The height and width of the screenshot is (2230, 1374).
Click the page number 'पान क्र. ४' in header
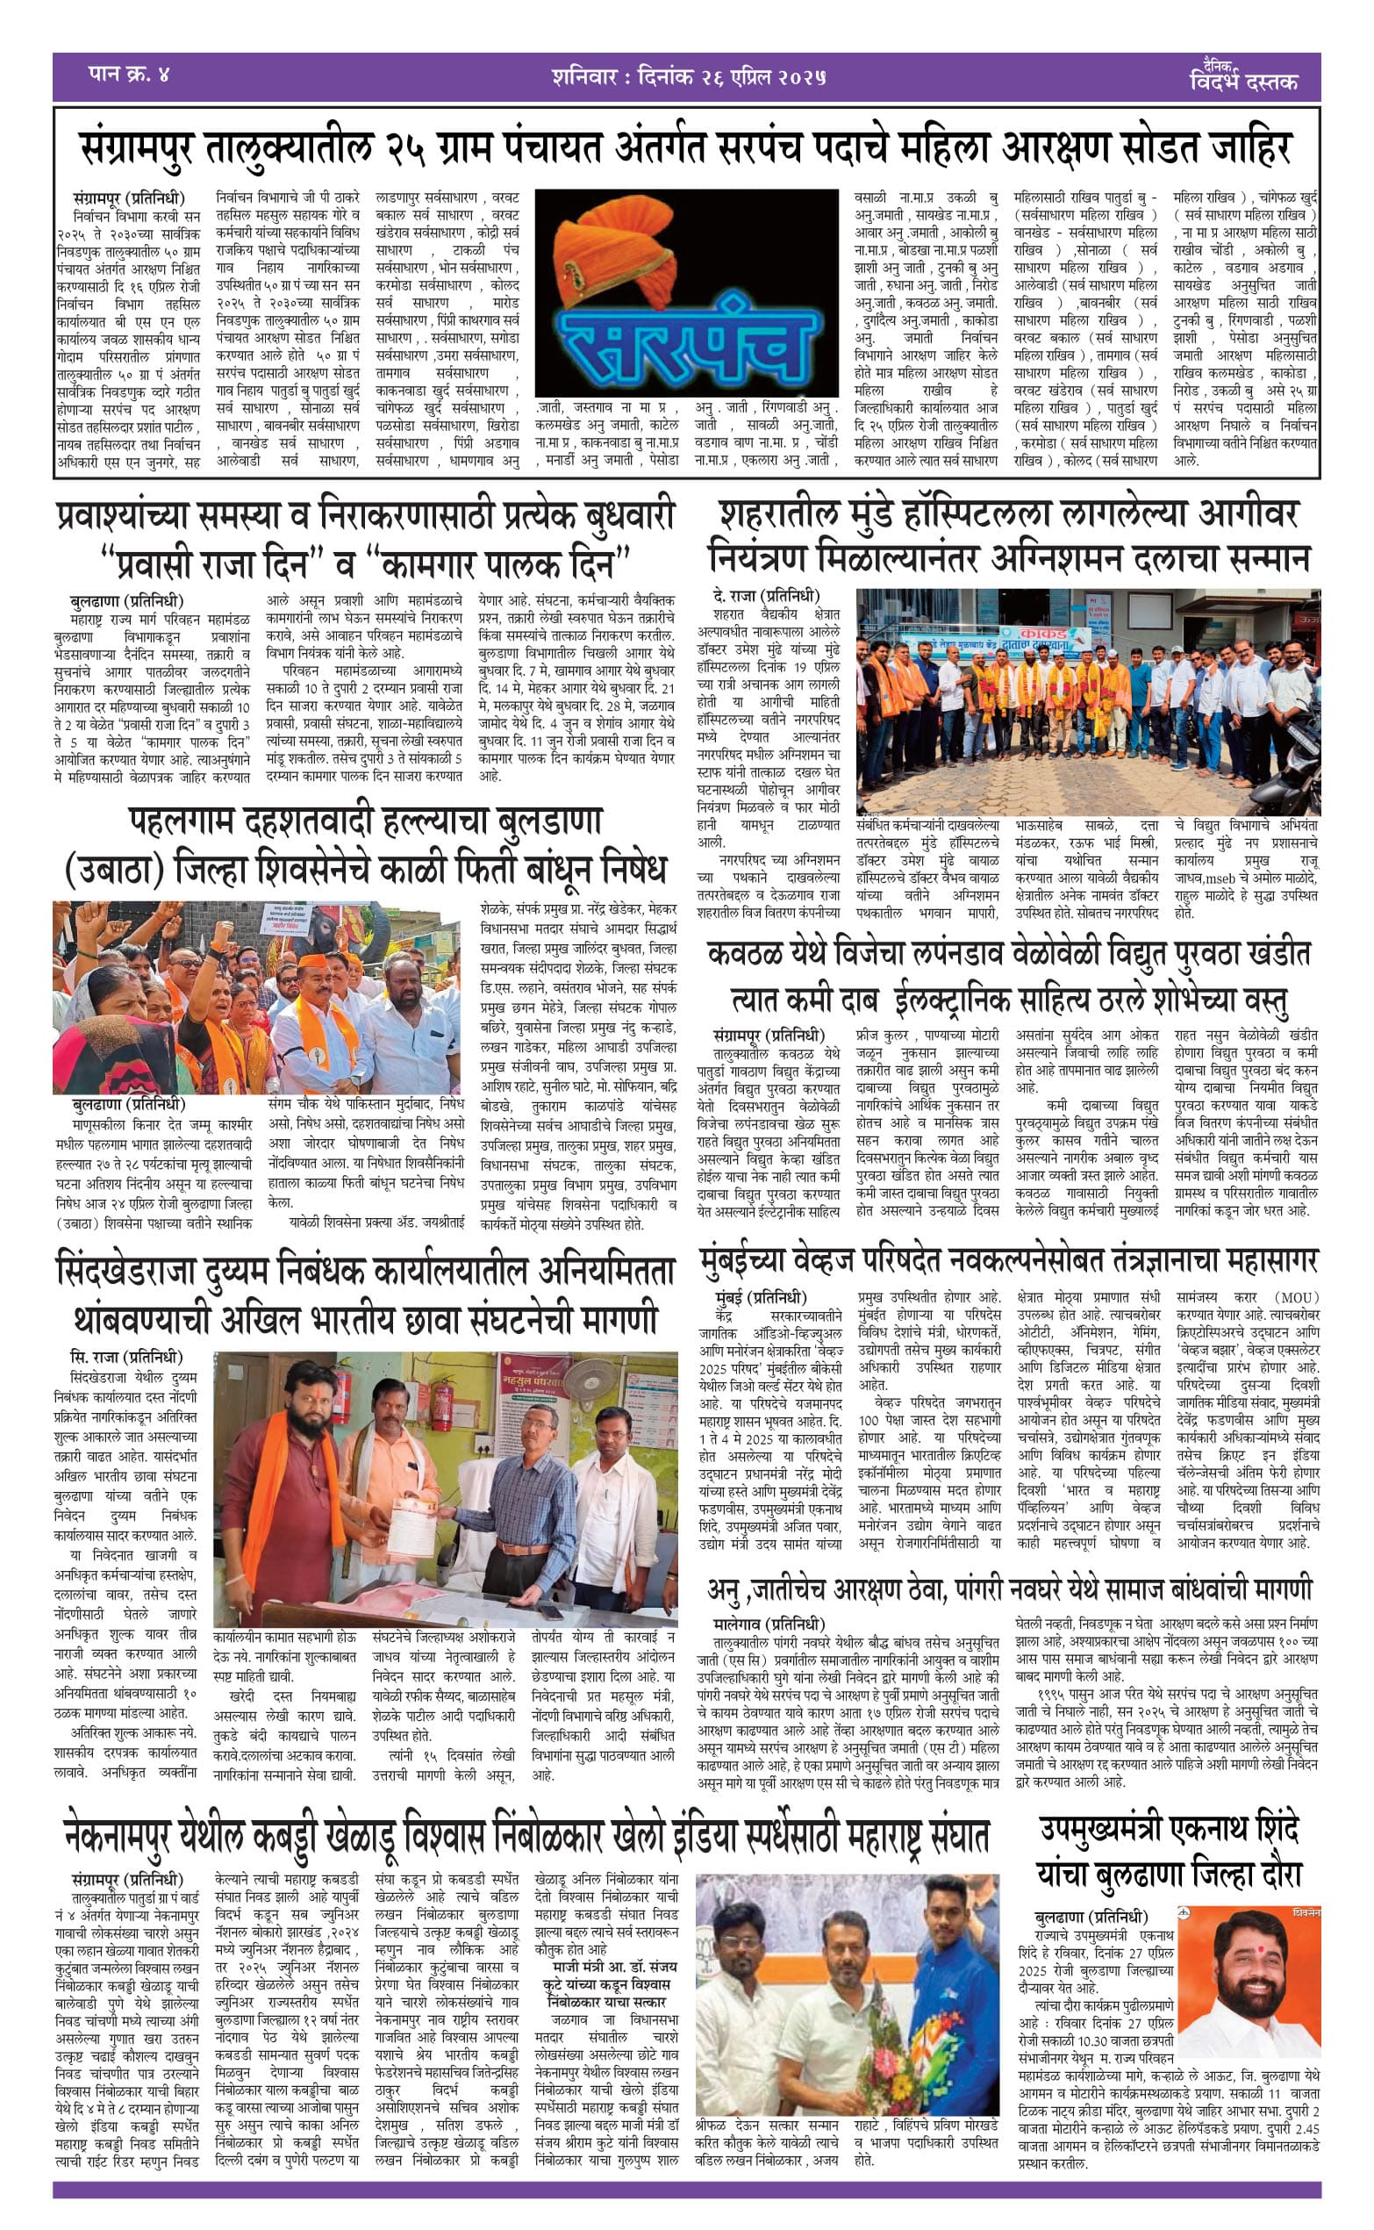(x=129, y=74)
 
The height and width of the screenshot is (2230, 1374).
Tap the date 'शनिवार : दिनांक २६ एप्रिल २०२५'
(x=688, y=77)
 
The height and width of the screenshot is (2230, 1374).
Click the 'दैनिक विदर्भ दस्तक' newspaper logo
(x=1243, y=77)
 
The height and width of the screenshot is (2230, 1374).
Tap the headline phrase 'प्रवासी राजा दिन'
(x=209, y=564)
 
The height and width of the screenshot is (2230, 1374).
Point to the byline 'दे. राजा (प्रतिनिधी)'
(x=766, y=596)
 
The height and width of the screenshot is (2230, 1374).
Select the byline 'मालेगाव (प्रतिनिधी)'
(x=769, y=1624)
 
